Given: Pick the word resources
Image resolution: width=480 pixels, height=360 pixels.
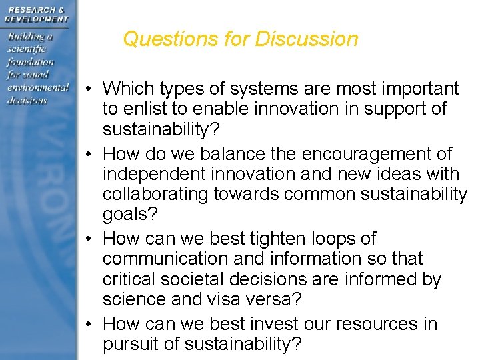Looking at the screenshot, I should point(377,324).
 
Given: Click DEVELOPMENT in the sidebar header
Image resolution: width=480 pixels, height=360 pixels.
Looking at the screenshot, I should point(37,19).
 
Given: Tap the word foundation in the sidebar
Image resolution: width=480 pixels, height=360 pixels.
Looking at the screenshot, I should point(30,61).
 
